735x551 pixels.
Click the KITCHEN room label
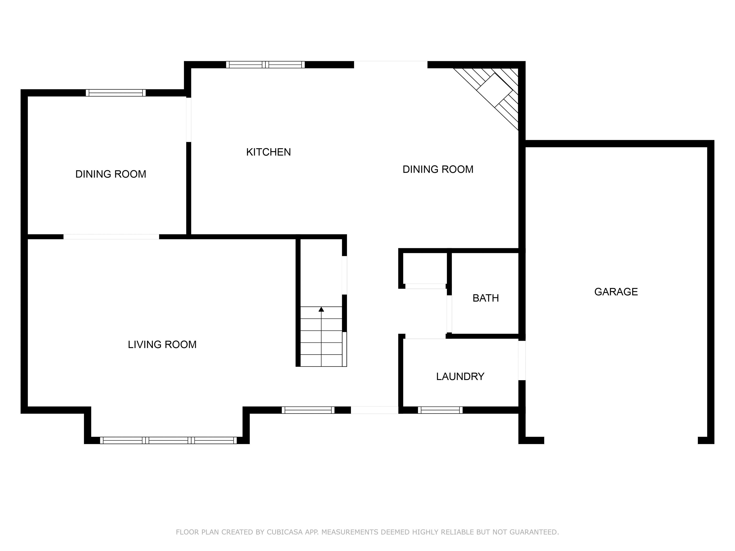click(268, 152)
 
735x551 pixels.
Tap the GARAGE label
click(616, 292)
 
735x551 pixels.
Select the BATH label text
click(485, 298)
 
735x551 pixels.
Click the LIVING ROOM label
click(162, 344)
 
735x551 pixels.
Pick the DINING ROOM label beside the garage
click(438, 169)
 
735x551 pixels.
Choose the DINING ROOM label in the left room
click(111, 174)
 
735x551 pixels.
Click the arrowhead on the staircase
click(321, 309)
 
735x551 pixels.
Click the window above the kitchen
click(266, 65)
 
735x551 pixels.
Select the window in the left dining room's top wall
click(116, 93)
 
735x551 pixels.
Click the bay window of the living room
click(168, 441)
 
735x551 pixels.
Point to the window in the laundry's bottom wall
click(440, 410)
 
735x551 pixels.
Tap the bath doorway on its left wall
click(449, 314)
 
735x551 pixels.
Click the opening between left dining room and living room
click(111, 237)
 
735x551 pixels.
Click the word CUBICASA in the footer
click(285, 532)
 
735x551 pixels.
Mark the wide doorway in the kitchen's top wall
click(391, 65)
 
